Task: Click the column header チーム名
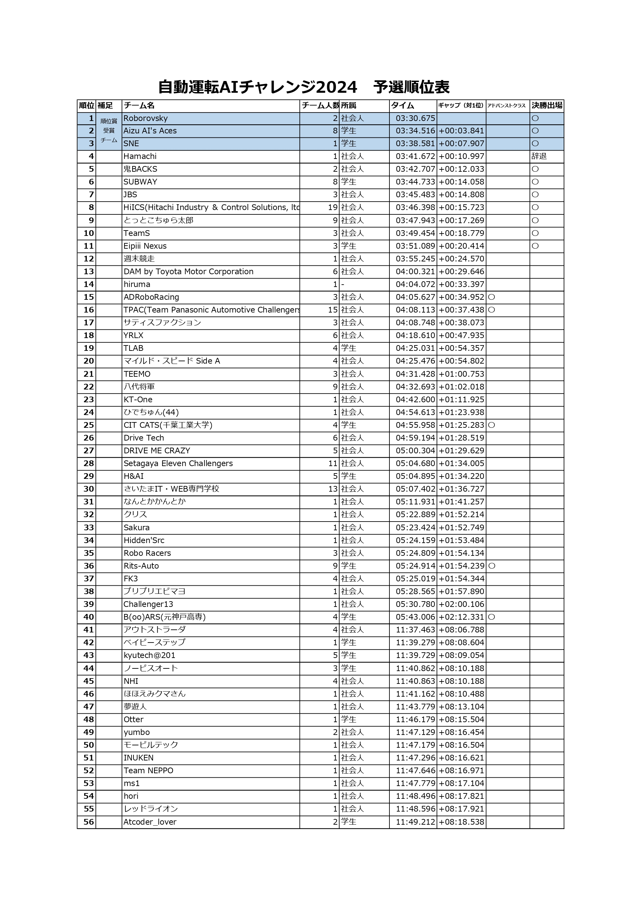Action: (139, 106)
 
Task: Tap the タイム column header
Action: (403, 106)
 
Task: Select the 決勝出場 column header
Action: (547, 106)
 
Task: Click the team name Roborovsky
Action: (146, 119)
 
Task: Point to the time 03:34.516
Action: (415, 131)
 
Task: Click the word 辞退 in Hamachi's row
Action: (539, 157)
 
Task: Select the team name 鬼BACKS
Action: (140, 169)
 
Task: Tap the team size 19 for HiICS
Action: (333, 207)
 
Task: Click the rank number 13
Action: (88, 272)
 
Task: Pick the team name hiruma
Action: (137, 284)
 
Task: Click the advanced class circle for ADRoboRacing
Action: (492, 297)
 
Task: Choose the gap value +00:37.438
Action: (461, 310)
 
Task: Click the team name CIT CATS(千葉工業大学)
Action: (168, 425)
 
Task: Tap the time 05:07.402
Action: (415, 489)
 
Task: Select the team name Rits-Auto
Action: (141, 566)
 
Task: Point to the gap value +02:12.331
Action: (461, 617)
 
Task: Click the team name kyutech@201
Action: (149, 655)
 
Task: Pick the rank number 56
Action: (88, 822)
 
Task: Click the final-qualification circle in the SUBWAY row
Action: (535, 182)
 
